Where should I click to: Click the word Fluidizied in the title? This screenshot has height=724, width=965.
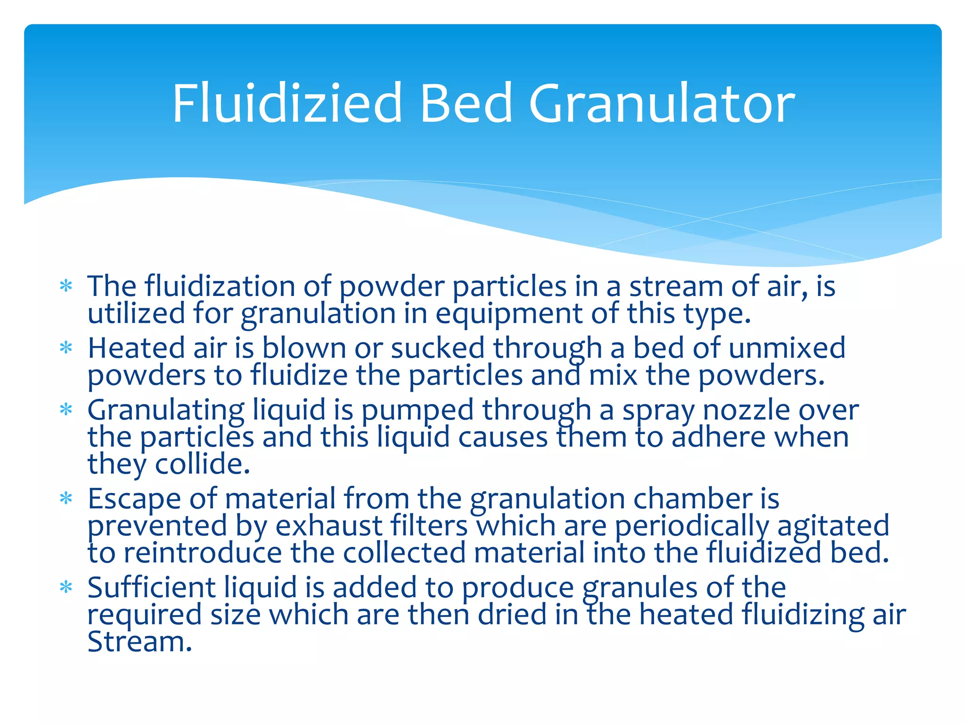[287, 104]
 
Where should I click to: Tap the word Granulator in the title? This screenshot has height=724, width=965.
[662, 104]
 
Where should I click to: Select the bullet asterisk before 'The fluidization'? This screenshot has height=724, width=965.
[66, 286]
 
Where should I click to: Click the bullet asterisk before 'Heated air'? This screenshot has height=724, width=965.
[66, 348]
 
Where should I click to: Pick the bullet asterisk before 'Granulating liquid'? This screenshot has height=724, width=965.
[66, 410]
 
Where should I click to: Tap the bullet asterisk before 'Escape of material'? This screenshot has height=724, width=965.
[66, 499]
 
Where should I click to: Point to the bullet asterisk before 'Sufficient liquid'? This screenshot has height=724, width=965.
[66, 588]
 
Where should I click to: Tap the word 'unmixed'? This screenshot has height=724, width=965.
[786, 348]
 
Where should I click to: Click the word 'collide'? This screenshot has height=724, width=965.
[202, 464]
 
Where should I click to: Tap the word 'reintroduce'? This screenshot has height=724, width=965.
[203, 553]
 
